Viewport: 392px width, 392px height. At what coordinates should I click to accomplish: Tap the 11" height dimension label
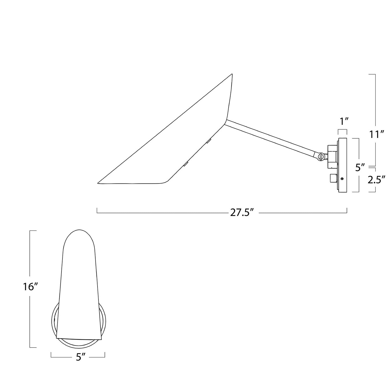[x=376, y=134]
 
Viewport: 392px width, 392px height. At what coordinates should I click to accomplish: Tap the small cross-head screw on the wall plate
[x=342, y=179]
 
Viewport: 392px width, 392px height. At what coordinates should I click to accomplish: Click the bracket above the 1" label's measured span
[x=342, y=130]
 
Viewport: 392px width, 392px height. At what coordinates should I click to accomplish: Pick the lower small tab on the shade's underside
[x=186, y=164]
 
